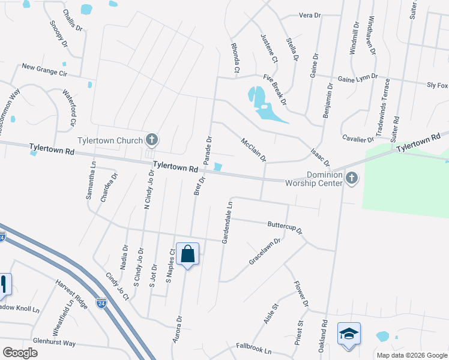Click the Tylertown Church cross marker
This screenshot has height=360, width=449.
[152, 141]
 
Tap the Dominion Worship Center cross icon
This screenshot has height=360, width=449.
[352, 178]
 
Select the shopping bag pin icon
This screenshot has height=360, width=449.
[188, 254]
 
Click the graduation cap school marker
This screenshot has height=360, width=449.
[349, 334]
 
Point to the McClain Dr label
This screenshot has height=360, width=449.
[253, 150]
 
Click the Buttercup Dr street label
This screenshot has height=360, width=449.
[285, 227]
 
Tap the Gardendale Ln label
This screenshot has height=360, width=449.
[228, 222]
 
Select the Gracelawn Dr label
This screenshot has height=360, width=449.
[265, 252]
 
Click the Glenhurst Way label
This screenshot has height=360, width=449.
[54, 343]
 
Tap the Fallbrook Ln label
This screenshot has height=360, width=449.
[254, 348]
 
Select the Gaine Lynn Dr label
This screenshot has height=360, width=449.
[358, 77]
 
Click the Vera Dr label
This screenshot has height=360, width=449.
[310, 15]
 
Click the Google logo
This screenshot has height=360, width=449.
[20, 352]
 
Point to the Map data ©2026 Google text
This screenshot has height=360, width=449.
[411, 355]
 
